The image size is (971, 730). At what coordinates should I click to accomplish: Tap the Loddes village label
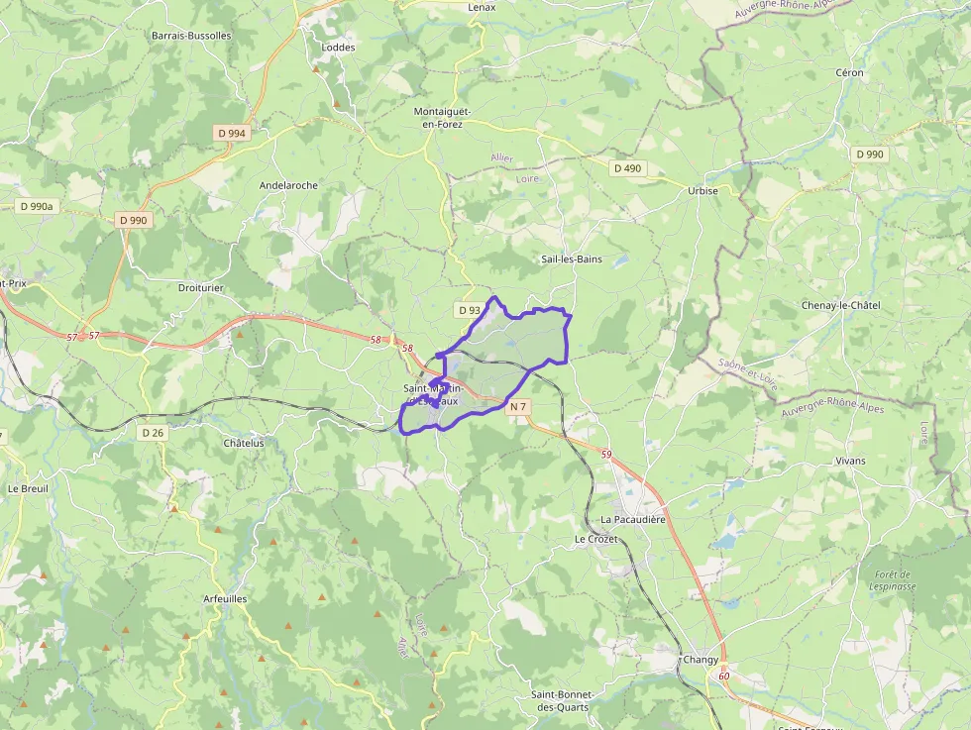pyautogui.click(x=338, y=47)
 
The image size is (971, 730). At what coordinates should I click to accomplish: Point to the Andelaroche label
pyautogui.click(x=288, y=185)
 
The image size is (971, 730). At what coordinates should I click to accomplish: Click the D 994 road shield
pyautogui.click(x=231, y=133)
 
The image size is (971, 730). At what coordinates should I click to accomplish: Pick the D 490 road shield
pyautogui.click(x=627, y=168)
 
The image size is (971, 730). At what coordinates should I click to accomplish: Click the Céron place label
pyautogui.click(x=849, y=72)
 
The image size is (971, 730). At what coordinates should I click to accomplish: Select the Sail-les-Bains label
pyautogui.click(x=572, y=260)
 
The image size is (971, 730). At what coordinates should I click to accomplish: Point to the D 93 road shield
pyautogui.click(x=470, y=310)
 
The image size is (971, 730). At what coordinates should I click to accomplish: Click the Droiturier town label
pyautogui.click(x=200, y=287)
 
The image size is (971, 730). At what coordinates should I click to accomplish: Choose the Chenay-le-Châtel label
pyautogui.click(x=840, y=305)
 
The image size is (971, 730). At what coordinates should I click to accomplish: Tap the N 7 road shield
pyautogui.click(x=517, y=407)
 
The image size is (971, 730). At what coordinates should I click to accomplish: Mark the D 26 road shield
pyautogui.click(x=152, y=433)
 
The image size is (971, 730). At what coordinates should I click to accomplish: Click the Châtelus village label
pyautogui.click(x=244, y=443)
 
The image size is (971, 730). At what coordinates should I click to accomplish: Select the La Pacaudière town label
pyautogui.click(x=633, y=519)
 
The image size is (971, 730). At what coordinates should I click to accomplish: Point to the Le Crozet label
pyautogui.click(x=595, y=539)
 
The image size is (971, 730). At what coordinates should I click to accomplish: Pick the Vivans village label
pyautogui.click(x=850, y=461)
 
